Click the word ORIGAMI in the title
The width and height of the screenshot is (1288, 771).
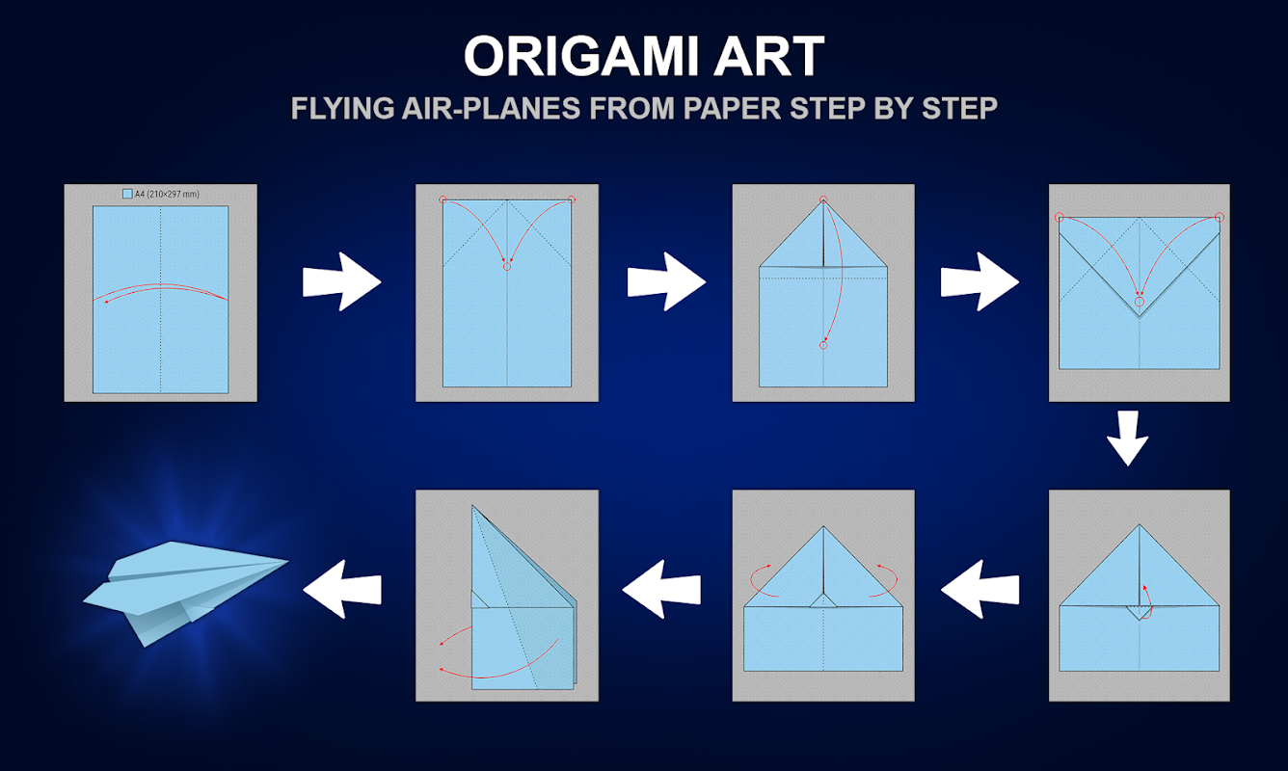point(580,56)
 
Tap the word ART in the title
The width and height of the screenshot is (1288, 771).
point(769,56)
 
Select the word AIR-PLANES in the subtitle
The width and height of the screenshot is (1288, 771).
point(491,108)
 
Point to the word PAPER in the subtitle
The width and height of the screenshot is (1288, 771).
point(732,108)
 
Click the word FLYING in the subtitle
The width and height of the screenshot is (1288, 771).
point(342,108)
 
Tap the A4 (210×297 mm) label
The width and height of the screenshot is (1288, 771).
point(167,195)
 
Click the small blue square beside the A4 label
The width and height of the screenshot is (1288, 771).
point(127,194)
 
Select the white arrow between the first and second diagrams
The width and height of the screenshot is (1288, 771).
point(341,281)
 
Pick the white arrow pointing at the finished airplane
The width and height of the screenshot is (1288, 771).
point(341,589)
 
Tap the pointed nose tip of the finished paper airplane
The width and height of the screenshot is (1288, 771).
point(287,561)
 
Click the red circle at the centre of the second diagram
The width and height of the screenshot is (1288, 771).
point(506,267)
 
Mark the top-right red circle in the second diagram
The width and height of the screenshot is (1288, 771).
point(571,199)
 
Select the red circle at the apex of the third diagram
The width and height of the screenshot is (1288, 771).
point(823,199)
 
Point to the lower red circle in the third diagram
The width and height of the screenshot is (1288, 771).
point(823,346)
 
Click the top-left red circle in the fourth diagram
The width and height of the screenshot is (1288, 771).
point(1060,218)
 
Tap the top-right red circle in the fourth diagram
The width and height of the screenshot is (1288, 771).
point(1219,218)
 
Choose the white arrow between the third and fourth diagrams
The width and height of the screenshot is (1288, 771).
point(979,281)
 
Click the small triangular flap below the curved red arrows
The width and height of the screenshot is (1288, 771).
point(823,600)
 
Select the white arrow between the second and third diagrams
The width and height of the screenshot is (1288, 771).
point(666,281)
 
